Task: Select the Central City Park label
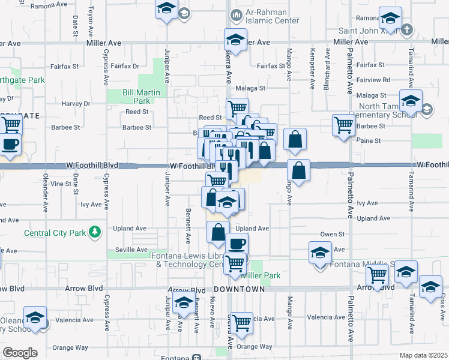[x=55, y=233]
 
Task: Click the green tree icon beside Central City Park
[x=94, y=232]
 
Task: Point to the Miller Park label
[x=261, y=275]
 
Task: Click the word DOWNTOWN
[x=239, y=289]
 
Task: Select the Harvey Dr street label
[x=75, y=103]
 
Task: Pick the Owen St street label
[x=331, y=234]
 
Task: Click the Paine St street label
[x=369, y=140]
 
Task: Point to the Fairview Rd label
[x=373, y=79]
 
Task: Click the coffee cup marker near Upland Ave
[x=236, y=244]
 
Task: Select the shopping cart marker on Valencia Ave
[x=241, y=323]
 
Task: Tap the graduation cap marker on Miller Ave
[x=236, y=40]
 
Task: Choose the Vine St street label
[x=61, y=184]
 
